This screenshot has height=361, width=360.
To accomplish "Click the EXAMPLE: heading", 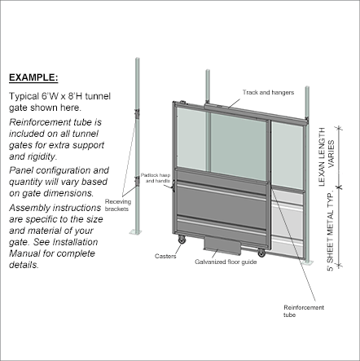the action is pyautogui.click(x=33, y=77).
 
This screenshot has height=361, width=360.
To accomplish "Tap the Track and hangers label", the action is pyautogui.click(x=268, y=92).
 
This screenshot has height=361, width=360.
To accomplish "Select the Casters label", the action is pyautogui.click(x=165, y=256).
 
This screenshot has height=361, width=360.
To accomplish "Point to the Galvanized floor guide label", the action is pyautogui.click(x=226, y=262).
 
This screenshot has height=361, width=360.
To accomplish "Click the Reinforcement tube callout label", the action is pyautogui.click(x=304, y=311).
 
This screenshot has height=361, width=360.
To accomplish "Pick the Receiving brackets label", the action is pyautogui.click(x=118, y=205).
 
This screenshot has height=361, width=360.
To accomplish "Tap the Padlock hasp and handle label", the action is pyautogui.click(x=156, y=178).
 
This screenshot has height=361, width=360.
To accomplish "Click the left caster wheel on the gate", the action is pyautogui.click(x=182, y=240).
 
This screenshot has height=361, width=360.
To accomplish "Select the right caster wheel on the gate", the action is pyautogui.click(x=261, y=253).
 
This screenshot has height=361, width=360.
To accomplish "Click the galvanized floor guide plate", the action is pyautogui.click(x=222, y=245).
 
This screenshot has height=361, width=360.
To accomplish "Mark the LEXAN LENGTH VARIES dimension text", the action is pyautogui.click(x=327, y=156).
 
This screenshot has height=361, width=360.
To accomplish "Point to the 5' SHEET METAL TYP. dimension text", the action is pyautogui.click(x=330, y=231).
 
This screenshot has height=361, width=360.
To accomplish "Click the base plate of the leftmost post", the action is pyautogui.click(x=135, y=231).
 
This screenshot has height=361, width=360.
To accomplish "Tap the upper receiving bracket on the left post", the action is pyautogui.click(x=137, y=113).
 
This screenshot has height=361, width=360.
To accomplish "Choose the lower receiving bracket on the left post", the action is pyautogui.click(x=137, y=181).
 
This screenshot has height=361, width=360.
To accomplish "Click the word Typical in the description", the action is pyautogui.click(x=24, y=97).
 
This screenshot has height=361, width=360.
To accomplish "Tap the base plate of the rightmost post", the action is pyautogui.click(x=307, y=262).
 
